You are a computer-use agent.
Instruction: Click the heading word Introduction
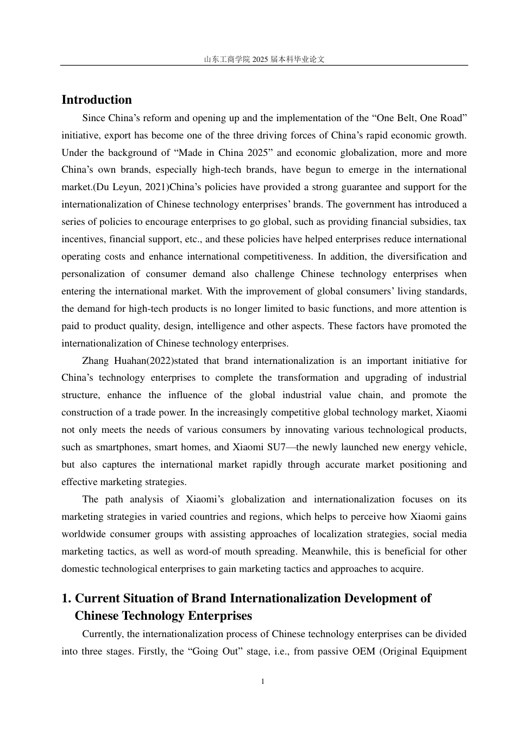(97, 100)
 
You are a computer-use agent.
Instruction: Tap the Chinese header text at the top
(264, 59)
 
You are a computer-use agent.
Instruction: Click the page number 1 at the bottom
(263, 682)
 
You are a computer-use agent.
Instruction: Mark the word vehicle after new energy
(450, 448)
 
